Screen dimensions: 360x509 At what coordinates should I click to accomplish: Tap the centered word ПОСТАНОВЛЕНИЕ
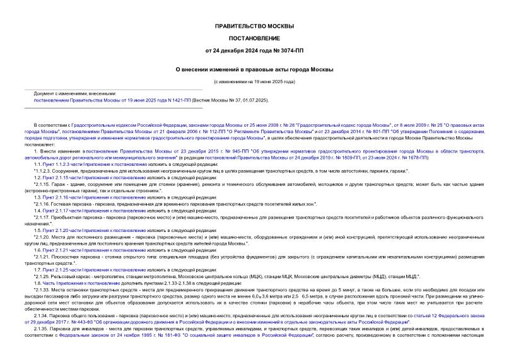coord(254,39)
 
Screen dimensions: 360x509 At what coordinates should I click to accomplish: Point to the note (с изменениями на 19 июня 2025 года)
coord(254,81)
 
